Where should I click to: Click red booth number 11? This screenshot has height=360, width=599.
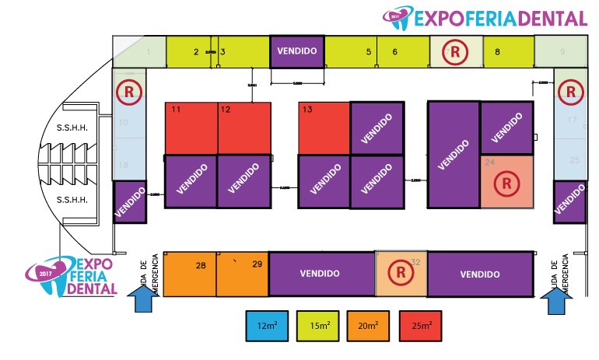coord(191,128)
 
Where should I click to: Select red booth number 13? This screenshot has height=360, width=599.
coord(324,128)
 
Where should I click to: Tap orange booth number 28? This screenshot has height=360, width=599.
coord(190,274)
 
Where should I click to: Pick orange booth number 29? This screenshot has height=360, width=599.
coord(243,274)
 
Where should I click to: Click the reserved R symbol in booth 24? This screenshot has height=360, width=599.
coord(506,184)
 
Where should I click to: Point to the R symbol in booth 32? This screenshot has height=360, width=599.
coord(401,273)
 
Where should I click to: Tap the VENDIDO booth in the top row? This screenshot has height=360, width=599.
coord(296,51)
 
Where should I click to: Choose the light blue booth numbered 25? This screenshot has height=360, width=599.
coord(575,161)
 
